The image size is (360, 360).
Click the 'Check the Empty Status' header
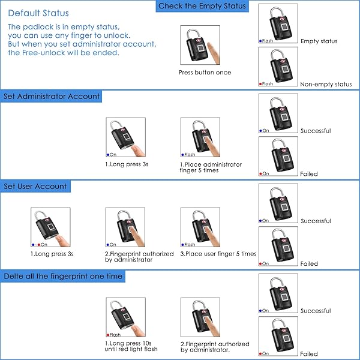[202, 7]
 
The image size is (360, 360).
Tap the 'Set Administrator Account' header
[52, 97]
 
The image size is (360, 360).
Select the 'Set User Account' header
[35, 187]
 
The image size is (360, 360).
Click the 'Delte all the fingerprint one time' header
[63, 277]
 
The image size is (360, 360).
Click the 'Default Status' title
[38, 13]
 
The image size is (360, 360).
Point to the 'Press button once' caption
[205, 73]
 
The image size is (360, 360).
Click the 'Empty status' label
[319, 41]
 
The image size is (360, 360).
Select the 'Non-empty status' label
[326, 85]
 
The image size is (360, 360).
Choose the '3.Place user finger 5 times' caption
[218, 254]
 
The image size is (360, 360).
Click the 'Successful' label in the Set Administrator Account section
[316, 131]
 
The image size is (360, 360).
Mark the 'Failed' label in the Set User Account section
[309, 264]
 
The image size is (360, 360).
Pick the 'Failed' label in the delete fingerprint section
[309, 354]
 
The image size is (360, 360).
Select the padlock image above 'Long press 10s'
[125, 318]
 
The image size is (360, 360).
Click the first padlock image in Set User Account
[50, 228]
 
